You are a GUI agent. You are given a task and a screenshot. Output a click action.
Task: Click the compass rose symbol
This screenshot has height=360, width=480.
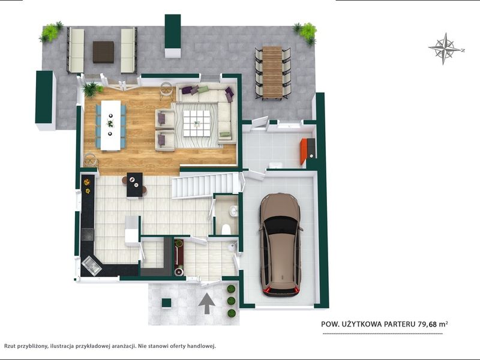click(445, 49)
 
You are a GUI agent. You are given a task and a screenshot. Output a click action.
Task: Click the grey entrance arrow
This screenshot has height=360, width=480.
click(206, 304)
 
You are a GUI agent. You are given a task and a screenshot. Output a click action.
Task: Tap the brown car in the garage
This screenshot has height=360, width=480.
click(280, 245)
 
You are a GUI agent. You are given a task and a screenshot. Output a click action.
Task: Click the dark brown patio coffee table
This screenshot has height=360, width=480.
click(103, 52)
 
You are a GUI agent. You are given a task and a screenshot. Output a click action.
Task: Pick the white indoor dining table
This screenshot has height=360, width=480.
click(110, 125)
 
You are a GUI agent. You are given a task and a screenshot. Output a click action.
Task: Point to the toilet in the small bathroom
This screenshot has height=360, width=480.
click(226, 229)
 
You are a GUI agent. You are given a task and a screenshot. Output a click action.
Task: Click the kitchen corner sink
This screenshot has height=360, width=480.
click(91, 265)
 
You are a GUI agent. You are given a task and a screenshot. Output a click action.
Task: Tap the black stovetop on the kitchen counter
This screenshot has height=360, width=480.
click(88, 235)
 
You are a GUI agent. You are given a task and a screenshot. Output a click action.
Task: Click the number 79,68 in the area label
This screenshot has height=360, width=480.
click(427, 324)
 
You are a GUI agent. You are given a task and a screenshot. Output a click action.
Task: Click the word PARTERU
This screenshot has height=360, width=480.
click(400, 324)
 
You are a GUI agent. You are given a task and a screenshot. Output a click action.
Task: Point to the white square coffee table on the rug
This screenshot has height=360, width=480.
click(197, 124)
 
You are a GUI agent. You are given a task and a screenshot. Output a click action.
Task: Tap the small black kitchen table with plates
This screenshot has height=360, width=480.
click(134, 185)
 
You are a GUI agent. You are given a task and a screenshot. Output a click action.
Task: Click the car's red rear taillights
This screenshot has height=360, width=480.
click(281, 291)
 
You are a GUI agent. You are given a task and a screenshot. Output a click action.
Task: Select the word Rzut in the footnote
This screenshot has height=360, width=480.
click(10, 346)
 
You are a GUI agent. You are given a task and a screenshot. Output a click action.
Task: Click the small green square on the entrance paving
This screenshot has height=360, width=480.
click(167, 303)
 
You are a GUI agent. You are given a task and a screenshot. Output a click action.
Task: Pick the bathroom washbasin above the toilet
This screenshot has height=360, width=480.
click(234, 211)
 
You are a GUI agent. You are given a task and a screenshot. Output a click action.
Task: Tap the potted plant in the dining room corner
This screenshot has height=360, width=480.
click(91, 89)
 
